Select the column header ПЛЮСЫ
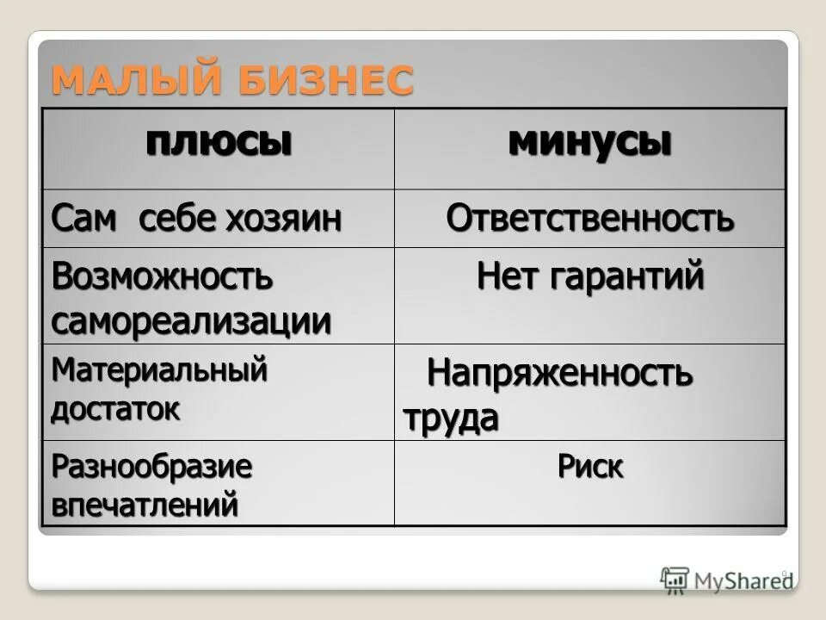[x=218, y=141]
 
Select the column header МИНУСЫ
[x=589, y=141]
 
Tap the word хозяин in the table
[x=283, y=219]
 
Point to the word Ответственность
[x=589, y=219]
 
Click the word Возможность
[x=162, y=276]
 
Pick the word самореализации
[x=191, y=321]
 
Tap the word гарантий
[x=635, y=276]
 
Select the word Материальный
[x=159, y=371]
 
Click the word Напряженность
[x=559, y=375]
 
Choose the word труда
[x=451, y=418]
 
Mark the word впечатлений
[x=144, y=505]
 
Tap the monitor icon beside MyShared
[x=675, y=580]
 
